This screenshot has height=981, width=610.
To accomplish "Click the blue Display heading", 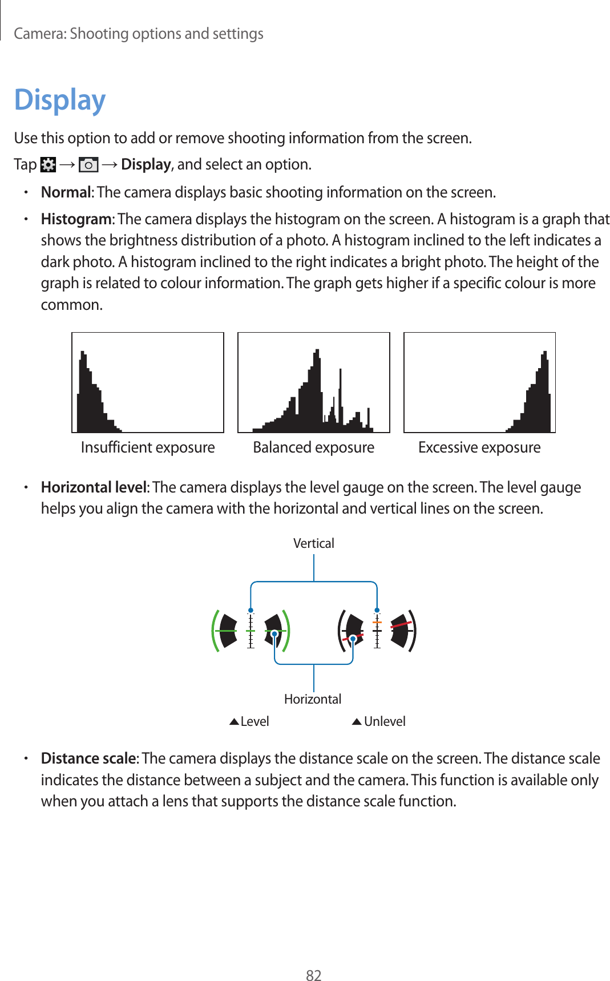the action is pos(60,100).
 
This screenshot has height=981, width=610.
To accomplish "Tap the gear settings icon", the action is pos(49,165).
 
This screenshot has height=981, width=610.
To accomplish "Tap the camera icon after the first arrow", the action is pos(88,165).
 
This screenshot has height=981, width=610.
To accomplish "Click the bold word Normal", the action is pos(66,192).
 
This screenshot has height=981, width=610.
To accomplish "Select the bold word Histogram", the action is pos(76,219).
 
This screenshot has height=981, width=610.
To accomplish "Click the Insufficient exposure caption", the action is pos(148,447).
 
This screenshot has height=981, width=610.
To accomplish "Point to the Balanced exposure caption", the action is pos(313,447).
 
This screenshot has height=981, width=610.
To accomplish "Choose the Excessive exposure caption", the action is pos(479,447).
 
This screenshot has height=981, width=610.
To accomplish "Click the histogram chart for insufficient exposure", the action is pos(148,382).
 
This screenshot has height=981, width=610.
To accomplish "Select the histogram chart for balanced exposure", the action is pos(313,382).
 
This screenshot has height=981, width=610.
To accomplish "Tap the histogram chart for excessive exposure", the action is pos(479,382).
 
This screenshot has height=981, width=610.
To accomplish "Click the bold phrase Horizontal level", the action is pos(94,487).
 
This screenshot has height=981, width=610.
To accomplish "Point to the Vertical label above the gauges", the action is pos(313,543).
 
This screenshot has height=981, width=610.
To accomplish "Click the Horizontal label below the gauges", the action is pos(313,699).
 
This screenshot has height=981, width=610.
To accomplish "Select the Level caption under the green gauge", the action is pos(254,721).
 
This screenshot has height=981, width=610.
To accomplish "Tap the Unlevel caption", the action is pos(385,721).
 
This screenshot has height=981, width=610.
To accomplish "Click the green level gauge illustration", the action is pos(251,631).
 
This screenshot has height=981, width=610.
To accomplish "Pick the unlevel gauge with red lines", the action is pos(377,631).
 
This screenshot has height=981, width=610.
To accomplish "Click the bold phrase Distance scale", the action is pos(88,758).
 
